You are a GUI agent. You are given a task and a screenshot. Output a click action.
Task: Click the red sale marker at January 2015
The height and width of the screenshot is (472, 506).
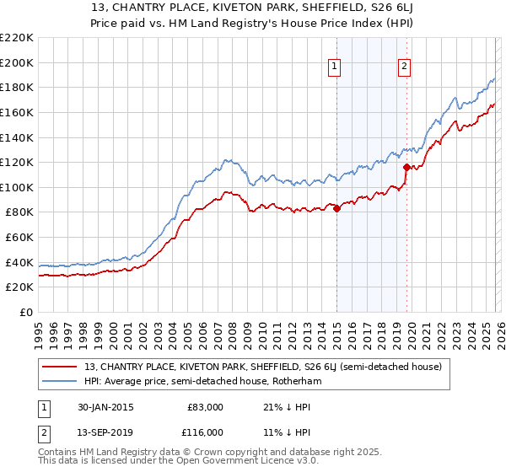336,208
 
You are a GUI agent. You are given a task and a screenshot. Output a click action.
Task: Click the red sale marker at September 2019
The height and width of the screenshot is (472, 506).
406,167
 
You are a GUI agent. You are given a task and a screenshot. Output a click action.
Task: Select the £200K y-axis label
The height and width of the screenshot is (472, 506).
17,62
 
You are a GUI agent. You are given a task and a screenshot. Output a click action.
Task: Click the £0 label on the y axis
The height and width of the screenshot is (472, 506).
25,312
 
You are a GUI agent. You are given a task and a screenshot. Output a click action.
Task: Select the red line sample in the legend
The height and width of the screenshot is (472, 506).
61,366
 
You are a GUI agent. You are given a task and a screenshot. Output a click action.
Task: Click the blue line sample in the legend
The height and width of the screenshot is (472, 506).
61,381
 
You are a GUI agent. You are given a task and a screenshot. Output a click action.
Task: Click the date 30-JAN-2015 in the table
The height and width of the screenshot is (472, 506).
102,407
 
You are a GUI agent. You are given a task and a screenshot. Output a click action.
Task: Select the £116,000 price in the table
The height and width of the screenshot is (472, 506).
205,432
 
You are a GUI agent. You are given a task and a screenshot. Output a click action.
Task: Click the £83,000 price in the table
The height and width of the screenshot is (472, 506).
205,407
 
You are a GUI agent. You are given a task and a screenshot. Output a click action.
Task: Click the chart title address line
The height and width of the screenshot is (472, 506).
253,10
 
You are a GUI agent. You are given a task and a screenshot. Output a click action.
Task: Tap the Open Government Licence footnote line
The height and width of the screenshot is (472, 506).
179,462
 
